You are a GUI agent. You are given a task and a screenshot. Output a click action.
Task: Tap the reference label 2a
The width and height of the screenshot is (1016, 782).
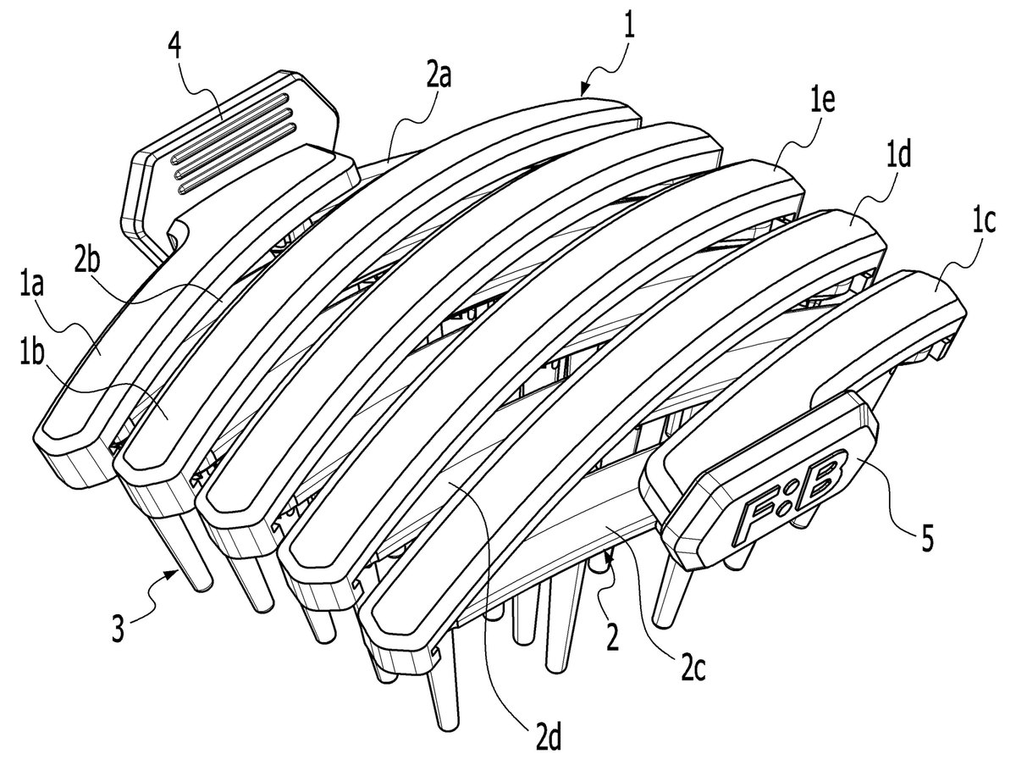click(x=439, y=76)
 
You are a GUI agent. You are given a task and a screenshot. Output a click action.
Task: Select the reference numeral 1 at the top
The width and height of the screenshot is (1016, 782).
click(x=629, y=25)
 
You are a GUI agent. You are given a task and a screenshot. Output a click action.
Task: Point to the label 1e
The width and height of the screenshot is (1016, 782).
click(x=821, y=102)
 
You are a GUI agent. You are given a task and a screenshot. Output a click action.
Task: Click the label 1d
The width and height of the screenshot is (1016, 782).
click(x=898, y=155)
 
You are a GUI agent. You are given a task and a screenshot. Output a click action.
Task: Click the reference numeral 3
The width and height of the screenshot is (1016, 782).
click(x=119, y=627)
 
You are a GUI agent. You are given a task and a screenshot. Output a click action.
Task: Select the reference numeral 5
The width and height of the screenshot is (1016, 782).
click(x=927, y=537)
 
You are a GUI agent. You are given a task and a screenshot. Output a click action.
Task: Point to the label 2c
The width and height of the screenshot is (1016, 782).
click(x=693, y=671)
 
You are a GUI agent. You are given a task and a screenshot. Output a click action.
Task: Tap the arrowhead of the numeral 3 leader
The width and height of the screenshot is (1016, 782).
click(x=174, y=573)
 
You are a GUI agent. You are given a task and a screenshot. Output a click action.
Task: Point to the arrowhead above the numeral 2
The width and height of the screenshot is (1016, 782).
click(x=607, y=557)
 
